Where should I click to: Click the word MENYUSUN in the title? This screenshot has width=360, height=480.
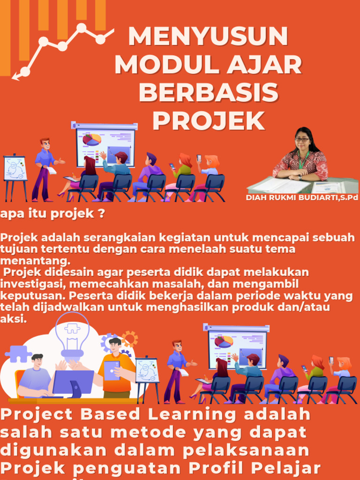[208, 37]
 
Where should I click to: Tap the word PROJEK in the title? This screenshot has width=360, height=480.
[208, 121]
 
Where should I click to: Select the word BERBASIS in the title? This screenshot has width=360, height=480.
[208, 93]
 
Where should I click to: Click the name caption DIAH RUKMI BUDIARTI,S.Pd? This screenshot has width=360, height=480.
[302, 198]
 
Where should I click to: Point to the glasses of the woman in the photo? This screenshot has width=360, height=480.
[301, 139]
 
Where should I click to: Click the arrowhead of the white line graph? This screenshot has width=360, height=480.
[15, 75]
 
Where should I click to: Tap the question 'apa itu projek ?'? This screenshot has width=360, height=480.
[52, 214]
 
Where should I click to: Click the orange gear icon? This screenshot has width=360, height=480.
[129, 338]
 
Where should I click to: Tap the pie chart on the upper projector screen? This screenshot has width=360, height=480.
[92, 139]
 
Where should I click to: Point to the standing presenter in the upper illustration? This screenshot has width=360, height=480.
[44, 169]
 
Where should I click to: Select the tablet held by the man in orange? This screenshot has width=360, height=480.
[112, 371]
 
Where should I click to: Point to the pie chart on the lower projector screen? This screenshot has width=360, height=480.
[224, 341]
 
